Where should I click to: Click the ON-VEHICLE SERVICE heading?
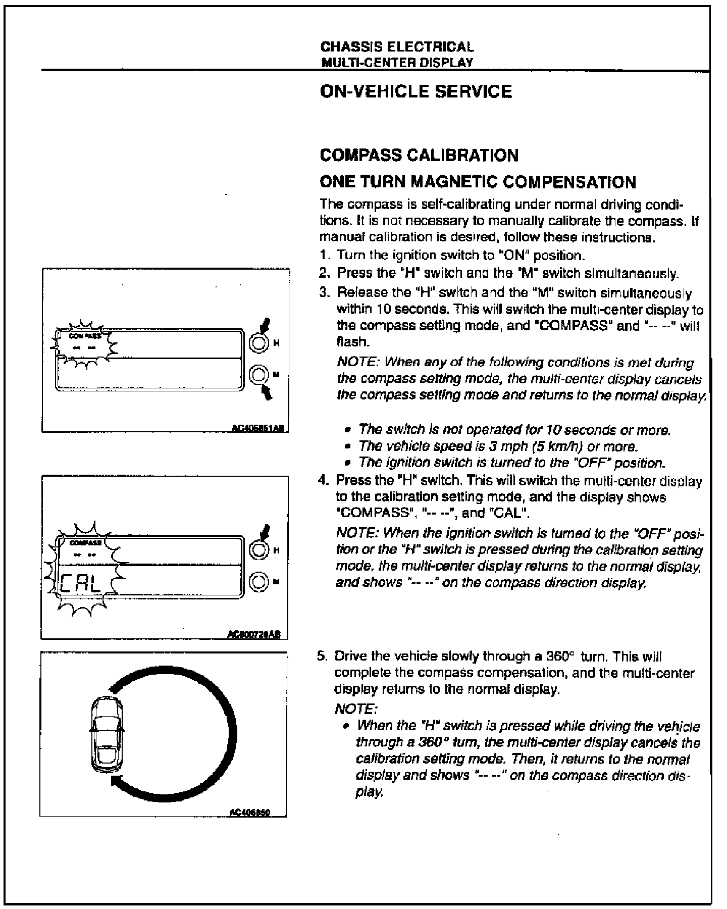click(x=416, y=91)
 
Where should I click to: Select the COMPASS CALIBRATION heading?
click(x=419, y=155)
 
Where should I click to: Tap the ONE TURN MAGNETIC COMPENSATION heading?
click(x=478, y=181)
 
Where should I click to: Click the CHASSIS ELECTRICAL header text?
click(x=397, y=47)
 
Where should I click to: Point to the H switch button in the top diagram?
click(x=258, y=343)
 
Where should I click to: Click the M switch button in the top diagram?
click(x=258, y=375)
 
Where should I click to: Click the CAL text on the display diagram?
click(x=81, y=584)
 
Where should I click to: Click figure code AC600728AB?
click(x=257, y=635)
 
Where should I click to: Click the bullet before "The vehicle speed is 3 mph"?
click(x=347, y=446)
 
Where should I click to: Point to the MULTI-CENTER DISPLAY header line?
click(x=397, y=62)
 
